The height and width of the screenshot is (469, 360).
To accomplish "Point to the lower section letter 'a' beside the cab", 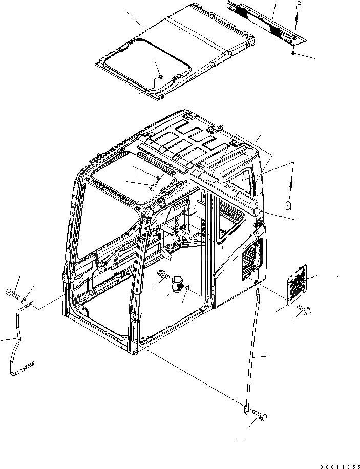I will tap(288, 206).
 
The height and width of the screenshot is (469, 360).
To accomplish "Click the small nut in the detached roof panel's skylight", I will tap(160, 76).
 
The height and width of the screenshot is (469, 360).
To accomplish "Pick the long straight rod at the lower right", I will tap(251, 348).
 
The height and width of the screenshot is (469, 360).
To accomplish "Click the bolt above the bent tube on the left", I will tap(12, 294).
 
